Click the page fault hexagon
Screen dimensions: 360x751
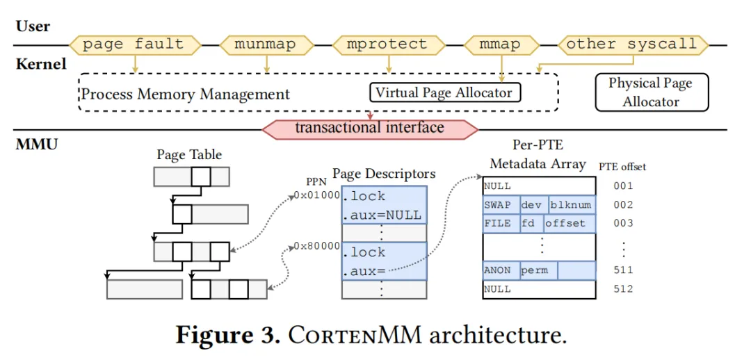tap(134, 44)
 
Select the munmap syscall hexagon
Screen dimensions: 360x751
tap(265, 44)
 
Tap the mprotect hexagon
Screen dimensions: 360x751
tap(388, 44)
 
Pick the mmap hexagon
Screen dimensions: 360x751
tap(500, 44)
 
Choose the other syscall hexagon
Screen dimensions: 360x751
tap(631, 44)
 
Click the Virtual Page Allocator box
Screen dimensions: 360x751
tap(444, 92)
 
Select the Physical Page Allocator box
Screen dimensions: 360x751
tap(650, 92)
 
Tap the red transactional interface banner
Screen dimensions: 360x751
tap(369, 128)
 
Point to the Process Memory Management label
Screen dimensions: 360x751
tap(186, 94)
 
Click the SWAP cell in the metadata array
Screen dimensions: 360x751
tap(499, 205)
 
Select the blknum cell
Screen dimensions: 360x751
tap(571, 205)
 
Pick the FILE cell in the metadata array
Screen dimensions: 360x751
tap(499, 223)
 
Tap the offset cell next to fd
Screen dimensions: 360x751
tap(570, 223)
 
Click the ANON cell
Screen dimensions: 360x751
tap(499, 270)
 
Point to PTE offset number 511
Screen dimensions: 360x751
tap(624, 270)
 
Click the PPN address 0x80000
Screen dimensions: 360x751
tap(316, 245)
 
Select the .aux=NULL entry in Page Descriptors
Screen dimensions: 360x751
tap(382, 215)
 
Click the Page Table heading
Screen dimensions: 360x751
tap(189, 154)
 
